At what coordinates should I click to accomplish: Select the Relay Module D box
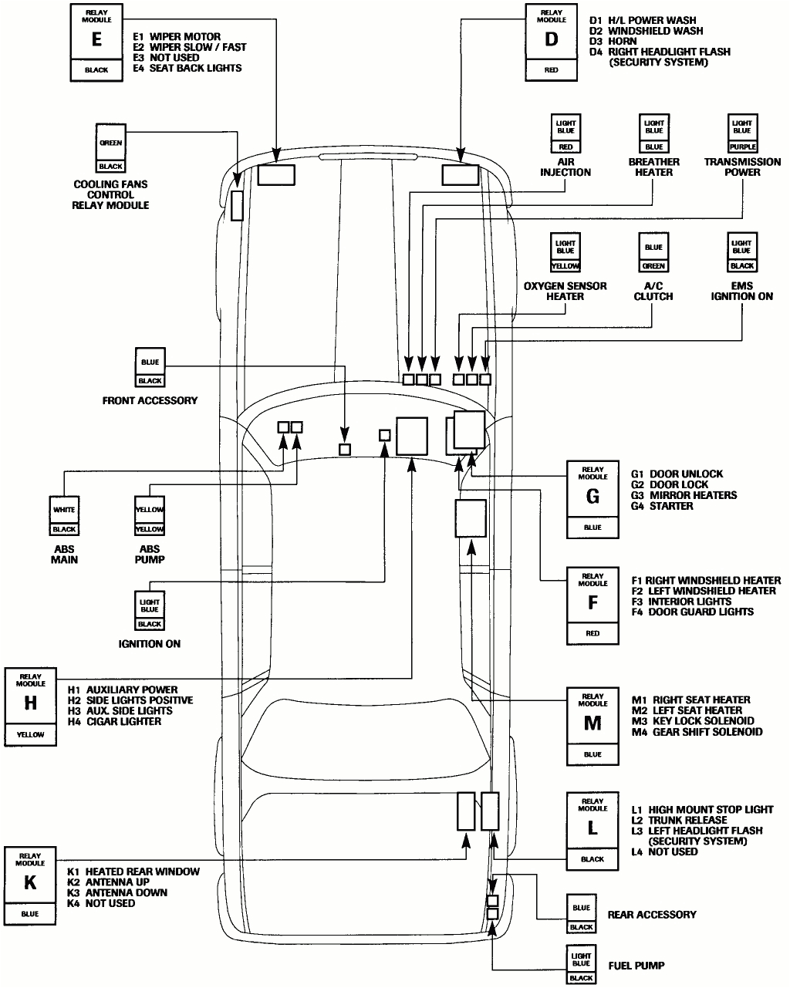551,42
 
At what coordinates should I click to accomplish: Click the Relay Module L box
592,830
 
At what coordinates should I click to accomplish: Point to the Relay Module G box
592,500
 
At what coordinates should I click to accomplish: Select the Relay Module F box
592,606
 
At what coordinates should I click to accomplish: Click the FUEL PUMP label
636,965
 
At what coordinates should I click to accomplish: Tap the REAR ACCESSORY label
652,915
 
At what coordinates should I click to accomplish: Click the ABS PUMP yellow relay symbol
150,518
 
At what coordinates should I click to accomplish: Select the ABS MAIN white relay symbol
65,518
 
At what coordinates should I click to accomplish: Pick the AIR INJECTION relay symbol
565,134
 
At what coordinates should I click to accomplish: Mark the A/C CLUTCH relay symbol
653,255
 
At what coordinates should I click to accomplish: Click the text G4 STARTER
662,507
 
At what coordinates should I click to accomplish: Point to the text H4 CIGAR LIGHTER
114,722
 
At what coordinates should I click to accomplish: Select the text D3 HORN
613,42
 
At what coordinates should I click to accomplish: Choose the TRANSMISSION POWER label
742,167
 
